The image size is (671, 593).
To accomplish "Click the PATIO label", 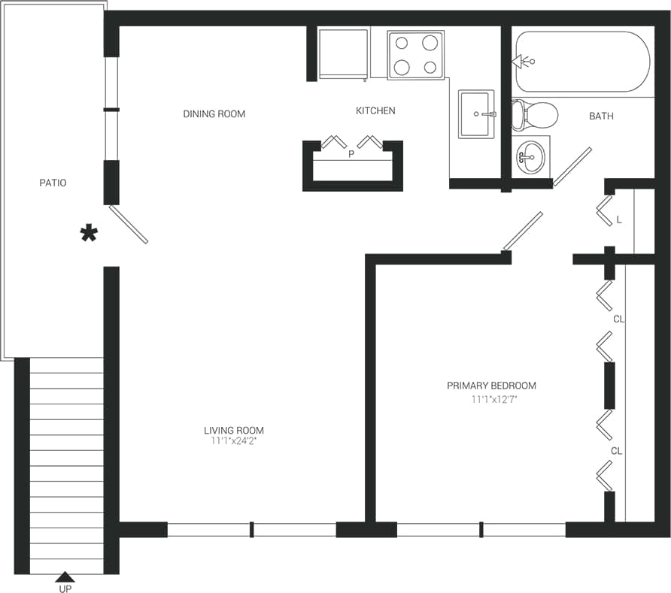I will (53, 183).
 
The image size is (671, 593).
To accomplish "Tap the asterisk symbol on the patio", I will (89, 234).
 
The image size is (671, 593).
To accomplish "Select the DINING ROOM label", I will (214, 114).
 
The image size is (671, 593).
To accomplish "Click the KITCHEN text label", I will (375, 111).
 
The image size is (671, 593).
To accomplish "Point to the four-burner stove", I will (415, 55).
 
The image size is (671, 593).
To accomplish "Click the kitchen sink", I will (476, 114).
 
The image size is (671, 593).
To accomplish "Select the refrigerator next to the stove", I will (342, 53).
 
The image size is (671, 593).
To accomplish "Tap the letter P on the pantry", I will (351, 154).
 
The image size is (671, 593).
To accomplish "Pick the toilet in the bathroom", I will (534, 115).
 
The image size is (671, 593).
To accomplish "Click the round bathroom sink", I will (530, 156).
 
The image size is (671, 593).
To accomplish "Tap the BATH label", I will (601, 116).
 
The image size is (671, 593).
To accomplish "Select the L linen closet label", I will (619, 220).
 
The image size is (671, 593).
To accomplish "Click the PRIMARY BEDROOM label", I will (491, 386).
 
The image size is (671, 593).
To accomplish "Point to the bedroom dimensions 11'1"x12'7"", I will (494, 400).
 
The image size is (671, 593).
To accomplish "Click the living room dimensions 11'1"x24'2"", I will (233, 442).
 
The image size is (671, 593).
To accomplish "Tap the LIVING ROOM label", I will (234, 431).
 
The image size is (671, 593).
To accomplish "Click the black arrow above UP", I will (65, 576).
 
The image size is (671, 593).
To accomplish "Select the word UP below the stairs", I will (65, 588).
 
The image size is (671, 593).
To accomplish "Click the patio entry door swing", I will (129, 225).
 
